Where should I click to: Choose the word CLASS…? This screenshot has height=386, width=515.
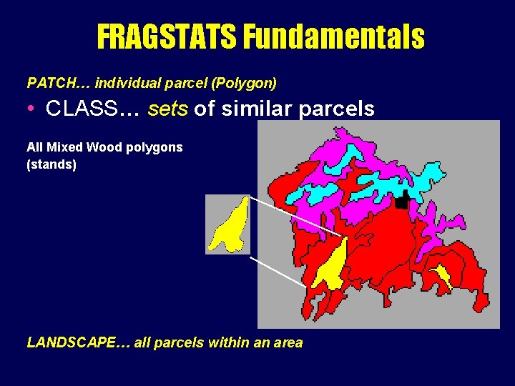tap(92, 109)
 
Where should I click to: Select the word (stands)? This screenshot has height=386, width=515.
tap(51, 164)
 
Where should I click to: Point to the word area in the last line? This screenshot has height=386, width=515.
tap(285, 342)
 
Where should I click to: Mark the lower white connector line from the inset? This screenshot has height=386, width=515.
tap(279, 271)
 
